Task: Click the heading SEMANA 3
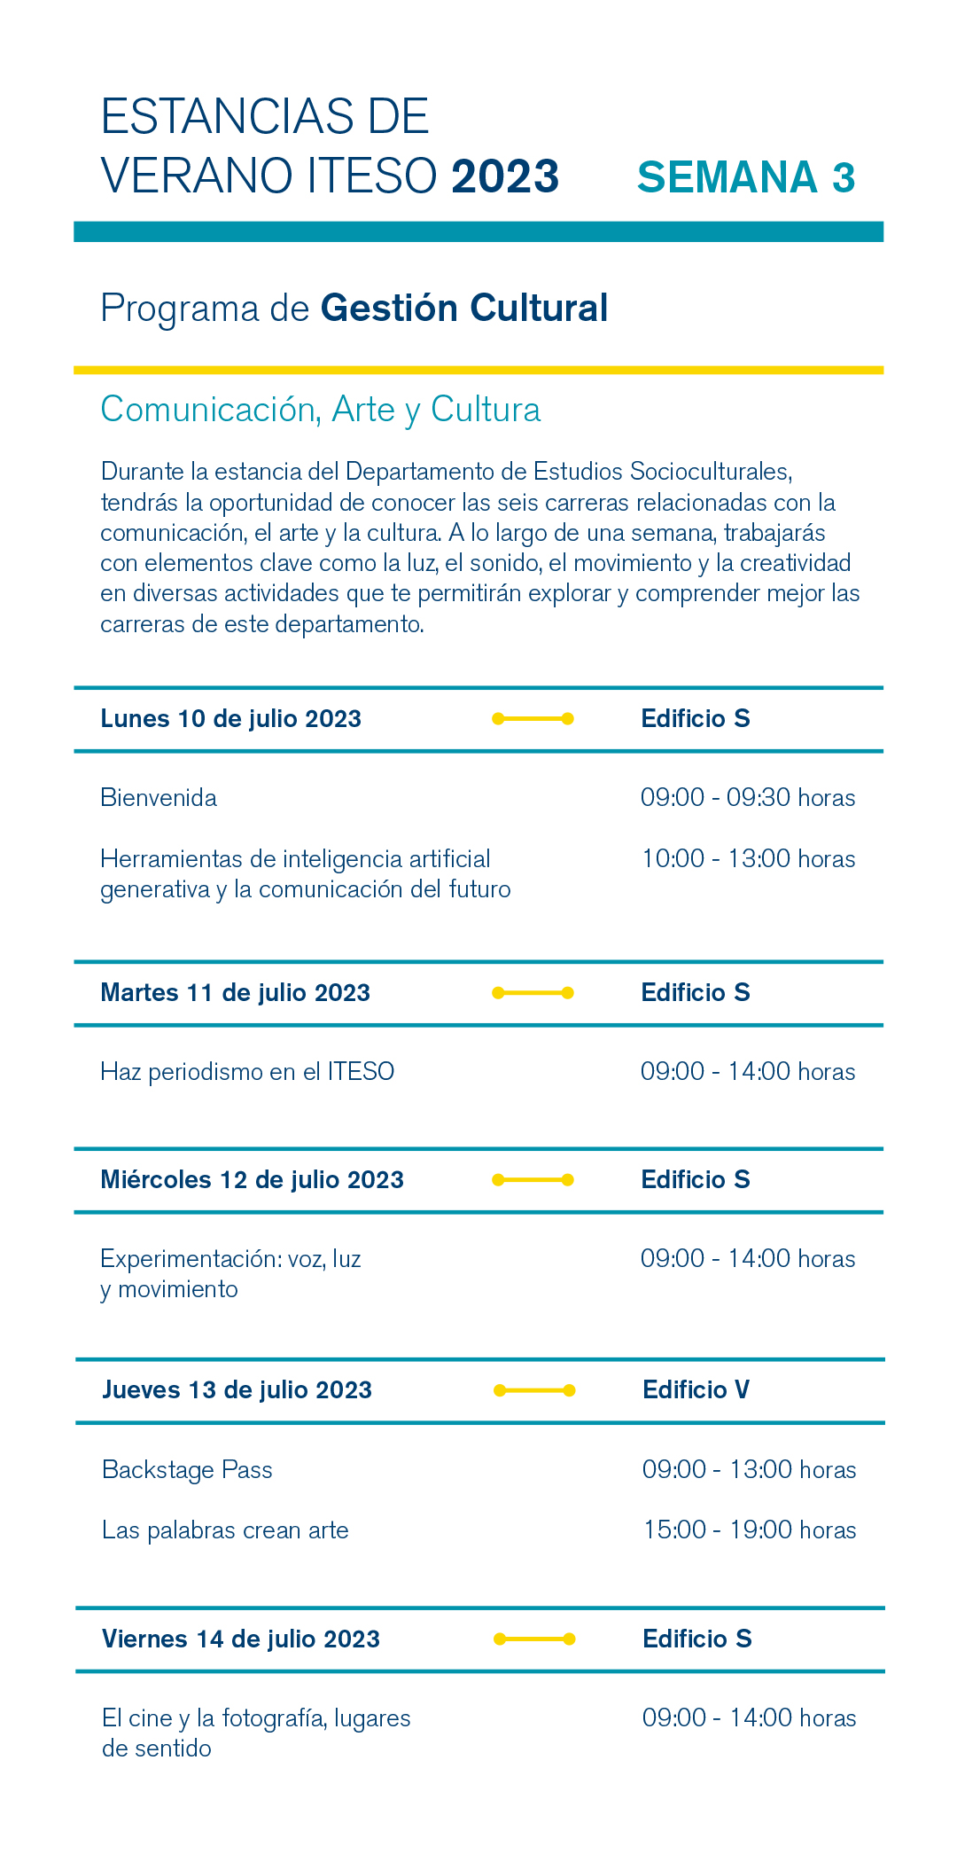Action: click(x=746, y=177)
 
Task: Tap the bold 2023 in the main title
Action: click(x=505, y=176)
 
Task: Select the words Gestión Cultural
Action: click(x=464, y=309)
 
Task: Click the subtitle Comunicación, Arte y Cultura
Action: click(x=320, y=410)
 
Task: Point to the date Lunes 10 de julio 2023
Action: click(x=230, y=719)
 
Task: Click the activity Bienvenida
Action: click(x=159, y=798)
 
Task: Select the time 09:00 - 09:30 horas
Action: click(x=748, y=798)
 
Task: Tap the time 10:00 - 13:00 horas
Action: click(x=748, y=859)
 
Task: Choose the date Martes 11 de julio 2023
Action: click(x=235, y=993)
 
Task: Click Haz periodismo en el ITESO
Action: click(x=247, y=1072)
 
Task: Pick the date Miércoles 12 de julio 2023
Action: click(x=252, y=1180)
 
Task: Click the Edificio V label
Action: click(x=696, y=1390)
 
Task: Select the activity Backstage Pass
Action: click(x=187, y=1470)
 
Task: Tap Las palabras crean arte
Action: click(x=225, y=1530)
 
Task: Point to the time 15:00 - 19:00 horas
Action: click(x=750, y=1530)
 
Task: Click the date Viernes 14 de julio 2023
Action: click(x=241, y=1639)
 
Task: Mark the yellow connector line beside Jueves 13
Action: click(x=534, y=1390)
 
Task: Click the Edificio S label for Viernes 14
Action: click(x=697, y=1639)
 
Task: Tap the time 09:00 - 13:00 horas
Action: click(x=750, y=1470)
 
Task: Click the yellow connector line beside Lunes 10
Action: click(x=533, y=719)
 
